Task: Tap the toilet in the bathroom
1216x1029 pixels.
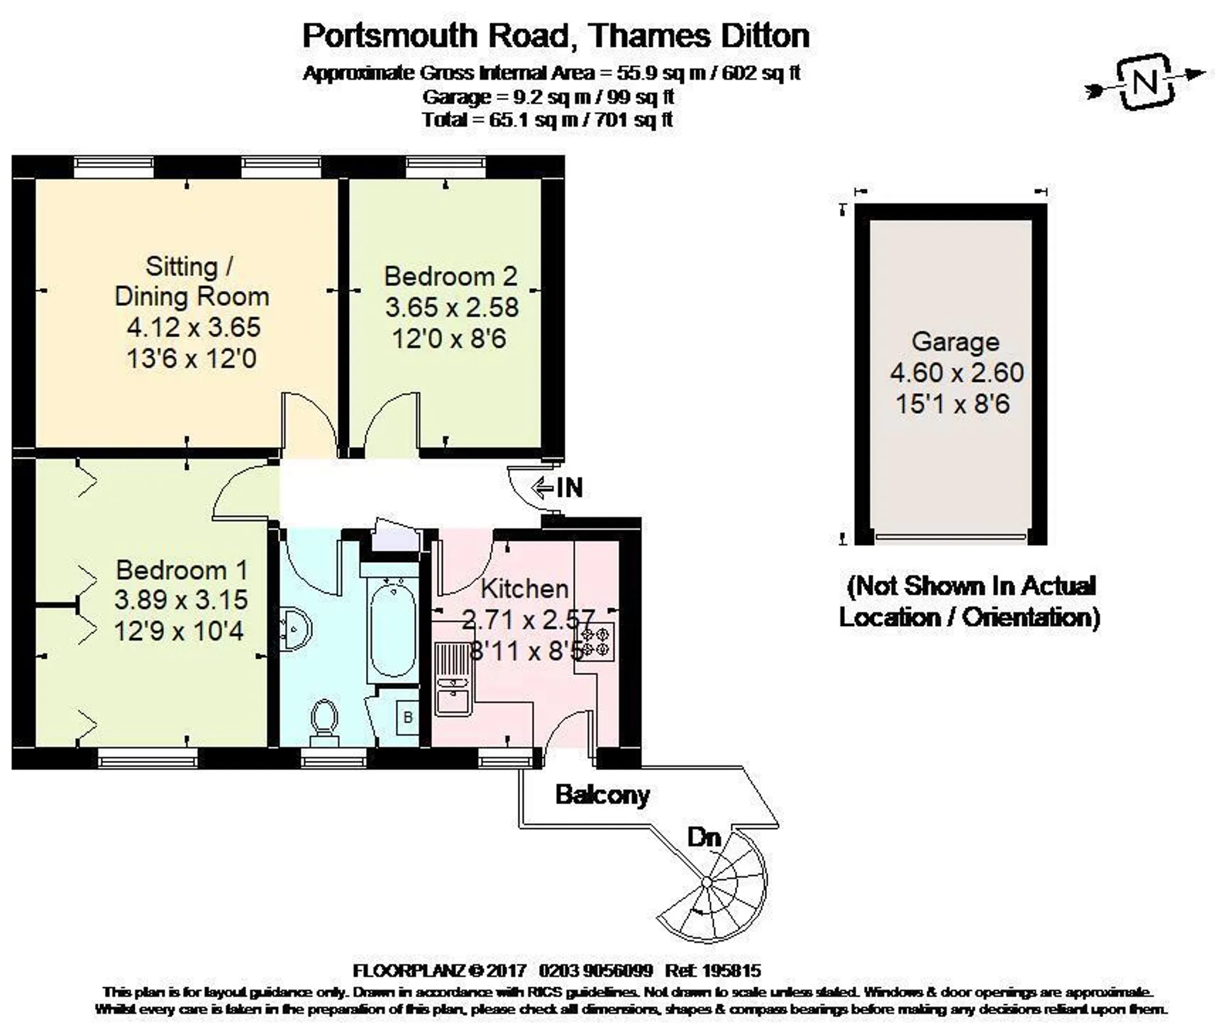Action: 325,723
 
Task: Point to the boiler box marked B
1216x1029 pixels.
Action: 408,717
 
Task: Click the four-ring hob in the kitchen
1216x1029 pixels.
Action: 596,642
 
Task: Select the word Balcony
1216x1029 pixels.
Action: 602,795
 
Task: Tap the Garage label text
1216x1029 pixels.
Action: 955,342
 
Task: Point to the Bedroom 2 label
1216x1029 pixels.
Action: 450,277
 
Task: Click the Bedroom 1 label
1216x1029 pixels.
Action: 182,570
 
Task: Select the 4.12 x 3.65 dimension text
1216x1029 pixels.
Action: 194,328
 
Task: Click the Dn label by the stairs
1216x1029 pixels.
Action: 704,837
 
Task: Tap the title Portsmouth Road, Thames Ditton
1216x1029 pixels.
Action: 556,35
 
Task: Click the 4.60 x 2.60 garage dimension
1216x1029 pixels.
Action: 957,373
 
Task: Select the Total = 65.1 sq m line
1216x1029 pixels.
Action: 547,120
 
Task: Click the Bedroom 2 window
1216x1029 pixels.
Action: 447,167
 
